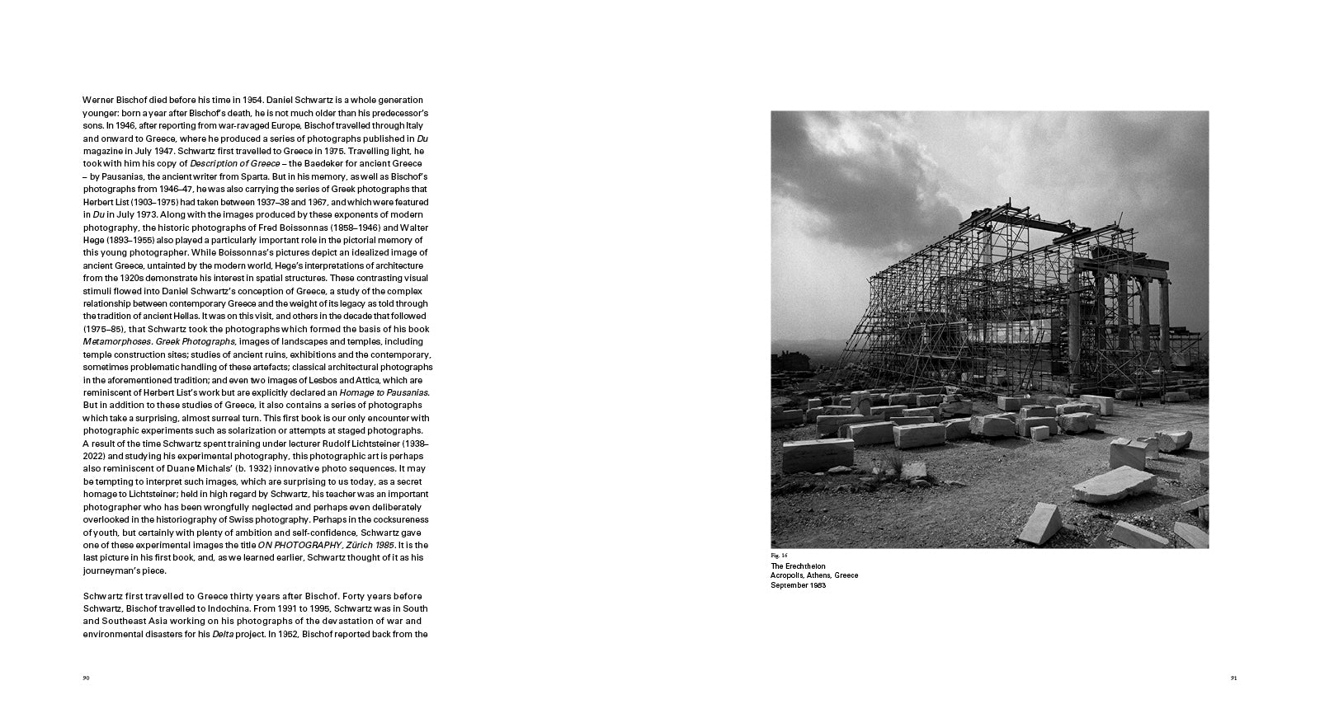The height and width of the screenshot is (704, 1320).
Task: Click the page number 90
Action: (x=86, y=678)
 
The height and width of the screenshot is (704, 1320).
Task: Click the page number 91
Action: (x=1234, y=678)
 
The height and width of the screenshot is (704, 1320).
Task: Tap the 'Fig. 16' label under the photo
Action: (x=780, y=556)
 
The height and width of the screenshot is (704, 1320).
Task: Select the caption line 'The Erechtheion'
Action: (x=798, y=566)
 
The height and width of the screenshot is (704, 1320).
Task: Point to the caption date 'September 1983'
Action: (x=799, y=585)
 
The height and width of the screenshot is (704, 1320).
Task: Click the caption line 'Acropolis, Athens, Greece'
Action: (x=814, y=575)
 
